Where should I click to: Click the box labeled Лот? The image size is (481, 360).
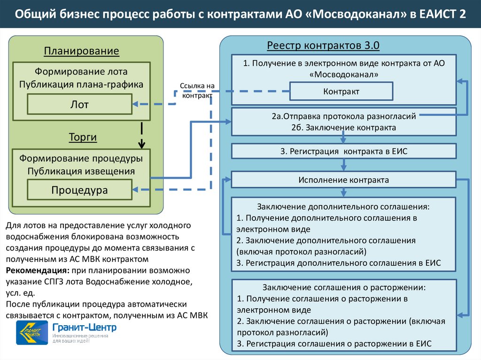coord(79,104)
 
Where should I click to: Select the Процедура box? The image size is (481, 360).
coord(79,190)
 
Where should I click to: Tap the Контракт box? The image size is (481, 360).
coord(341,92)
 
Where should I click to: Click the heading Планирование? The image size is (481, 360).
coord(82,51)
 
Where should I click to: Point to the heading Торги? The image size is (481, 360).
coord(83,137)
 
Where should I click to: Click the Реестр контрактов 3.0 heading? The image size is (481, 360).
coord(323,46)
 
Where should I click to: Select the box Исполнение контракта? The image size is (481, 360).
coord(343,180)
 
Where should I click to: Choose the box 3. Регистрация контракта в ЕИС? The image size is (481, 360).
coord(343,151)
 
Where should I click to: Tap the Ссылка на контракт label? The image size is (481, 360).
coord(197,91)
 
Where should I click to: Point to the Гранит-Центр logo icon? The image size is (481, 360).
coord(31,332)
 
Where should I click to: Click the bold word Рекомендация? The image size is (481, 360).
coord(37,271)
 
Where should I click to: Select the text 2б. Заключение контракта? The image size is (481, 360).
coord(343,127)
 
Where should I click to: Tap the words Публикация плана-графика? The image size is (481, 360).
coord(81,84)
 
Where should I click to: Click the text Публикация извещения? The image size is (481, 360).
coord(81,171)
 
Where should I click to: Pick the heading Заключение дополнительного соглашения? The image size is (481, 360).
coord(343,207)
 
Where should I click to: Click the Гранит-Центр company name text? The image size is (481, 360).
coord(85,327)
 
